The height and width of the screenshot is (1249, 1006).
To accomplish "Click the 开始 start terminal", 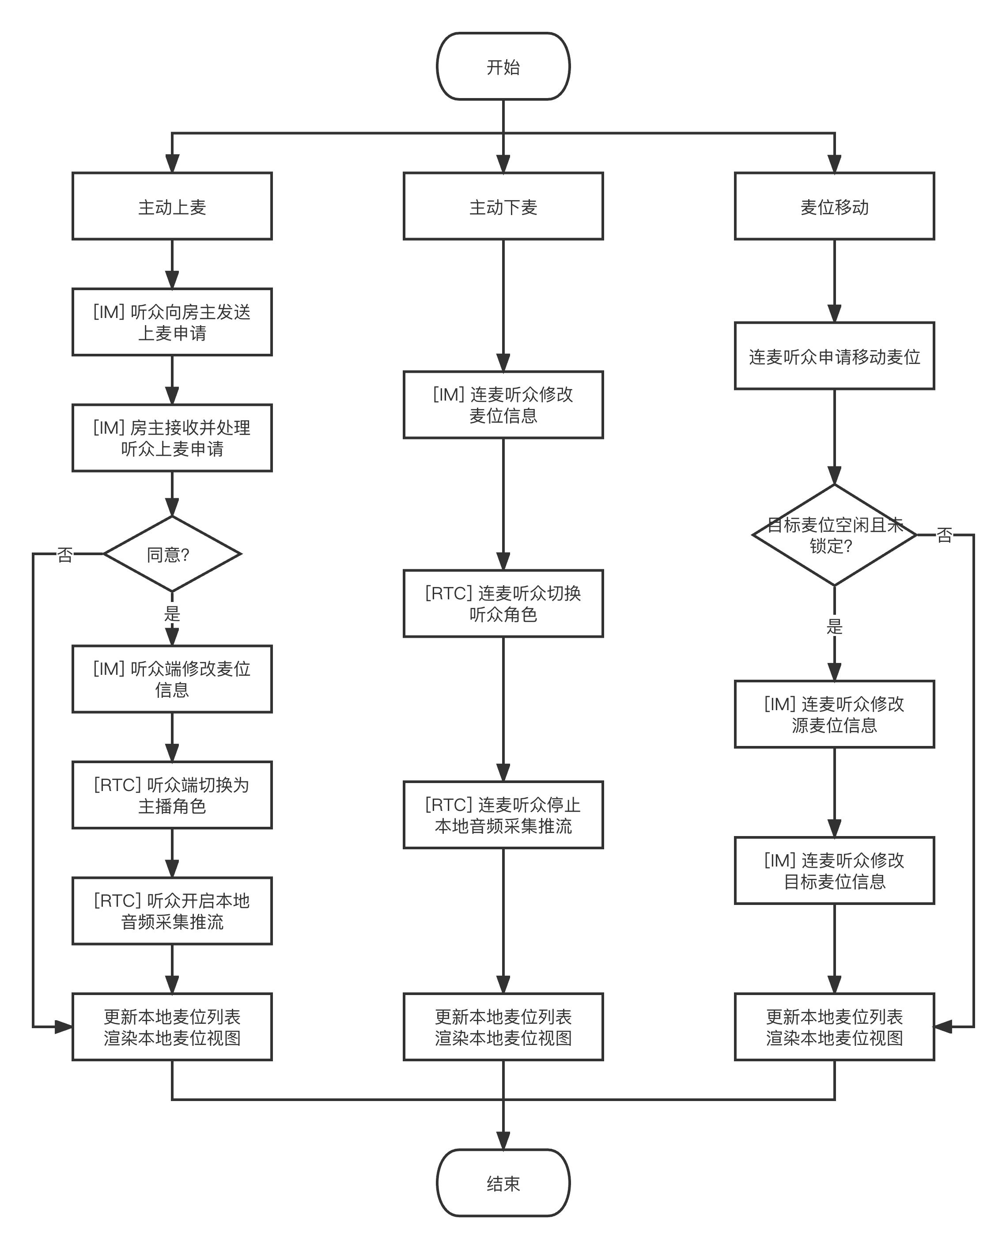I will [x=503, y=67].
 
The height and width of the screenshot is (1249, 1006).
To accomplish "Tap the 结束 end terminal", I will [x=503, y=1183].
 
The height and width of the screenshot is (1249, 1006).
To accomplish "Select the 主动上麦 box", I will [x=172, y=206].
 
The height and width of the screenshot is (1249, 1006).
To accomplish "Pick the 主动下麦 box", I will [x=503, y=206].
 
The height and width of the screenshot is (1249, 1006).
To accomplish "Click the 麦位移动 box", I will [x=835, y=206].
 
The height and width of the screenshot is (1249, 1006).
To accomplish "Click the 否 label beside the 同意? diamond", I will [x=65, y=554].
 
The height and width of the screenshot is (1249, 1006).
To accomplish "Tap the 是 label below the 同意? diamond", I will [x=172, y=613].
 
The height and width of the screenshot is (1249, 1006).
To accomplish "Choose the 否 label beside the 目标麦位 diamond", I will [x=944, y=534].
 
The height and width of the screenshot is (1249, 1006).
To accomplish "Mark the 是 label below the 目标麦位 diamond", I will [x=835, y=625].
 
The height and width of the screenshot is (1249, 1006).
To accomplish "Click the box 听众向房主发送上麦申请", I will [x=172, y=322].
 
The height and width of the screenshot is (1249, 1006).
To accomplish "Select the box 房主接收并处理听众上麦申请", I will [x=172, y=438].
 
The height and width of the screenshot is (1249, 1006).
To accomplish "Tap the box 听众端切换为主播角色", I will [x=172, y=795].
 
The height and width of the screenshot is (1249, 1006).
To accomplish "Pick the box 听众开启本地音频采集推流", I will [x=172, y=911].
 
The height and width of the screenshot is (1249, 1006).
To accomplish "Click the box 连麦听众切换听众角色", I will [x=503, y=603].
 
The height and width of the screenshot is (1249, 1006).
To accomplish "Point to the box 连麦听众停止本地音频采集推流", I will [x=503, y=815].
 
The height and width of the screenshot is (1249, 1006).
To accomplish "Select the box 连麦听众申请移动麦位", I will [x=835, y=356].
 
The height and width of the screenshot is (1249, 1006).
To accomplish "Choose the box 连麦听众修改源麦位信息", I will [x=835, y=714].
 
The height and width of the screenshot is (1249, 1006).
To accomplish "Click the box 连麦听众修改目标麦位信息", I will [x=835, y=871].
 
